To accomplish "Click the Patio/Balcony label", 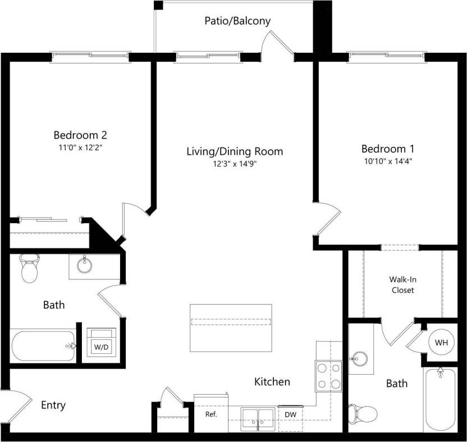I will (x=237, y=21).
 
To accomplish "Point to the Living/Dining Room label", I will (x=235, y=151).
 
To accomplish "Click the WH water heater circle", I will (x=440, y=342).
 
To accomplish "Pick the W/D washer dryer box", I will (x=101, y=343).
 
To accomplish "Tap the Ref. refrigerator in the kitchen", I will (x=211, y=415).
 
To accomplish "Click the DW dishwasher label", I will (x=291, y=415).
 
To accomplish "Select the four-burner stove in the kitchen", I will (x=329, y=375).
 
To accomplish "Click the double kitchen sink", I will (x=258, y=418).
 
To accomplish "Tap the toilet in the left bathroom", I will (x=29, y=269).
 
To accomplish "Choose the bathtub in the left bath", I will (x=43, y=346).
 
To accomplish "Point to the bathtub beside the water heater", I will (x=441, y=399).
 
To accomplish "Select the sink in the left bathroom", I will (x=85, y=265).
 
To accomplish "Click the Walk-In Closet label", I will (x=402, y=284).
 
